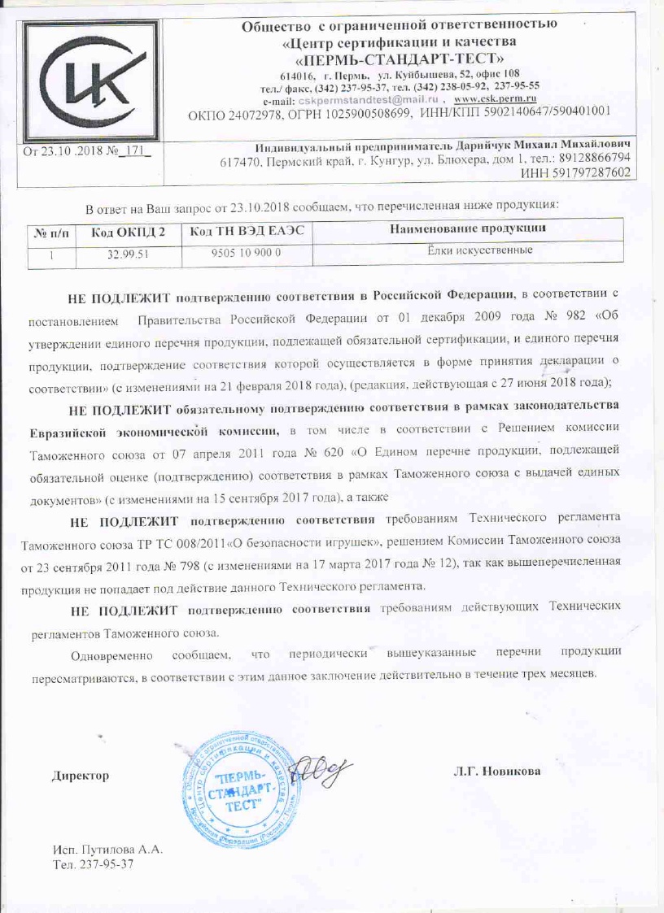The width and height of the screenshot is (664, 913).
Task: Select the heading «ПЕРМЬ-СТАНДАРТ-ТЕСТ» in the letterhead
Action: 398,59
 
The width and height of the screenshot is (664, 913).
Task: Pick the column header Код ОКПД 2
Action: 129,233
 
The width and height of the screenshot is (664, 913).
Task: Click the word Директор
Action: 81,776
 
